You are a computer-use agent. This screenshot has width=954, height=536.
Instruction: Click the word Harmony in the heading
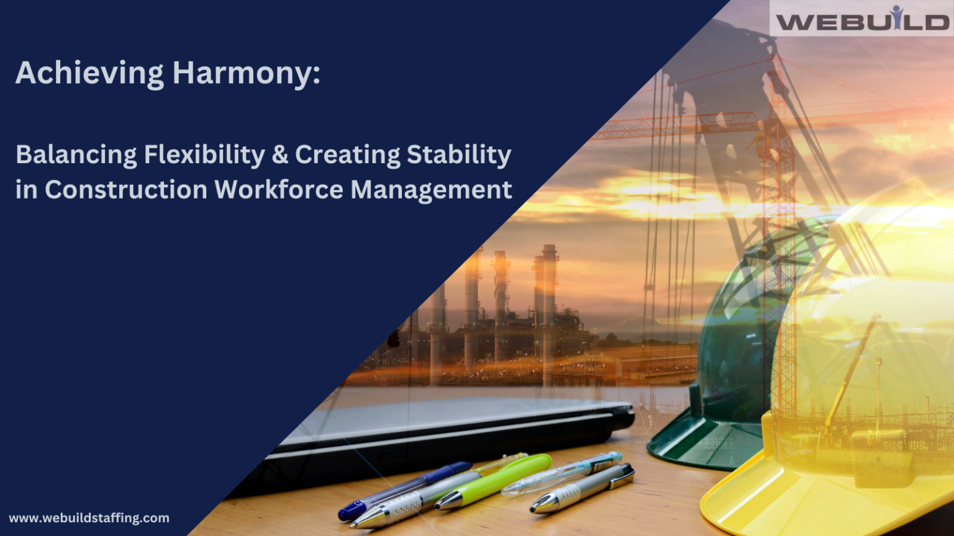click(246, 73)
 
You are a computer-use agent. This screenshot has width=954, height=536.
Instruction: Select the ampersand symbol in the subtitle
click(280, 154)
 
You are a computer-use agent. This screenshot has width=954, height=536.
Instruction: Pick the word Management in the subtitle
click(432, 189)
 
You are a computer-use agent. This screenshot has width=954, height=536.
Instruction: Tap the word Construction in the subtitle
click(126, 189)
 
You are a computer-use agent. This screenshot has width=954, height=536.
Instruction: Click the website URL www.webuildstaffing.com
click(89, 518)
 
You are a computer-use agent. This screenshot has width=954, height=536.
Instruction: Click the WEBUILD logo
click(862, 19)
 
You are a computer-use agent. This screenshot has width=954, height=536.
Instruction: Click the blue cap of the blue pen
click(352, 511)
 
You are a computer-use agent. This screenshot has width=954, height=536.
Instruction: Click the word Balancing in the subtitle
click(76, 154)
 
